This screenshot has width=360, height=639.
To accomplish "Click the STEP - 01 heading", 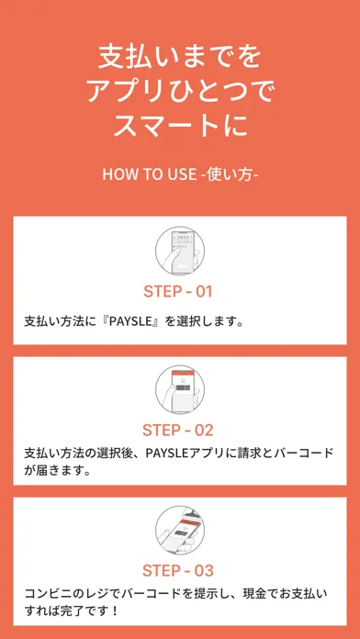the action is coord(178,291).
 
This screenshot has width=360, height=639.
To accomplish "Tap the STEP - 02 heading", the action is coord(178,431).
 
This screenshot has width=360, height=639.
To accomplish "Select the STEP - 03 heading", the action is coord(178,570).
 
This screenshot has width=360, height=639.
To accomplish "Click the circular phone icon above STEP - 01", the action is coord(180,252).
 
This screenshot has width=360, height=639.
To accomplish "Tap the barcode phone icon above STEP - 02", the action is coord(180,390).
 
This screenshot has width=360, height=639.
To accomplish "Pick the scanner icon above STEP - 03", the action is coord(180,530).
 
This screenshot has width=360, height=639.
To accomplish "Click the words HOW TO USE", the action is coord(149,174).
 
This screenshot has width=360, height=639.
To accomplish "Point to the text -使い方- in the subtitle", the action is coord(230,174).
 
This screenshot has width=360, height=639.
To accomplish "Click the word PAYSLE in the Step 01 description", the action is coord(135,322).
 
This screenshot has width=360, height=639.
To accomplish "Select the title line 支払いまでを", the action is coord(179,56).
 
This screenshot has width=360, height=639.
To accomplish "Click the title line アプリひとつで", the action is coord(179,91).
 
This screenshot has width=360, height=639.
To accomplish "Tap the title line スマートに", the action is coord(179,127).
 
